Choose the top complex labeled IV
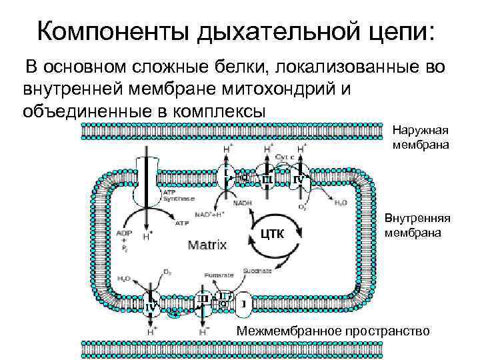[299, 179]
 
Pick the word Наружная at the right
[421, 131]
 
